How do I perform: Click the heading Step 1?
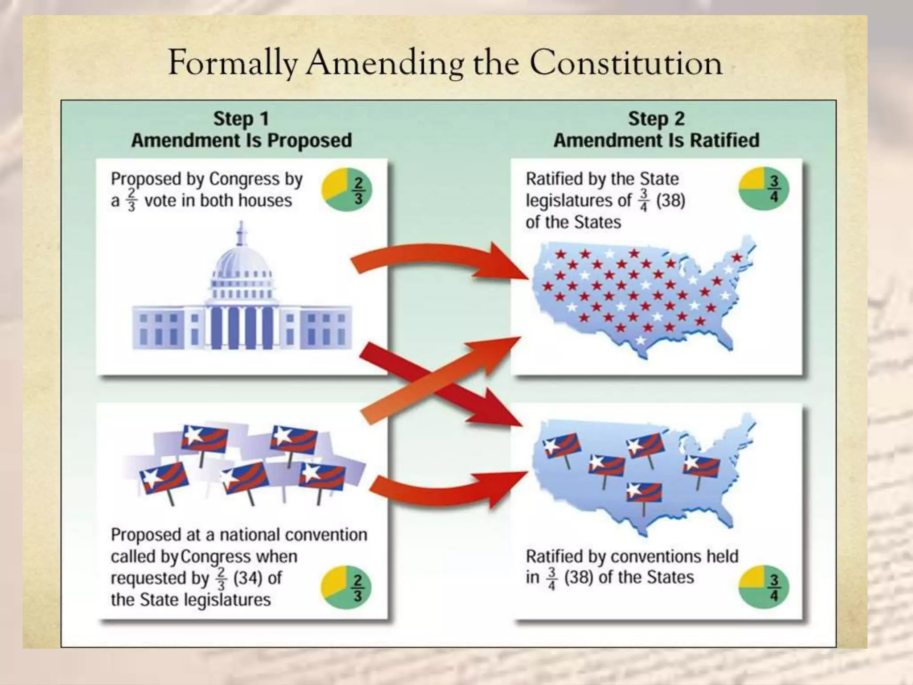pos(241,119)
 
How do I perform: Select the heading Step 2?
pos(656,119)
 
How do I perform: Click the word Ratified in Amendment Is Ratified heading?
pos(724,140)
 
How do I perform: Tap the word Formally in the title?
pos(233,63)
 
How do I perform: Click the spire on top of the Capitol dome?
pos(241,232)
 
